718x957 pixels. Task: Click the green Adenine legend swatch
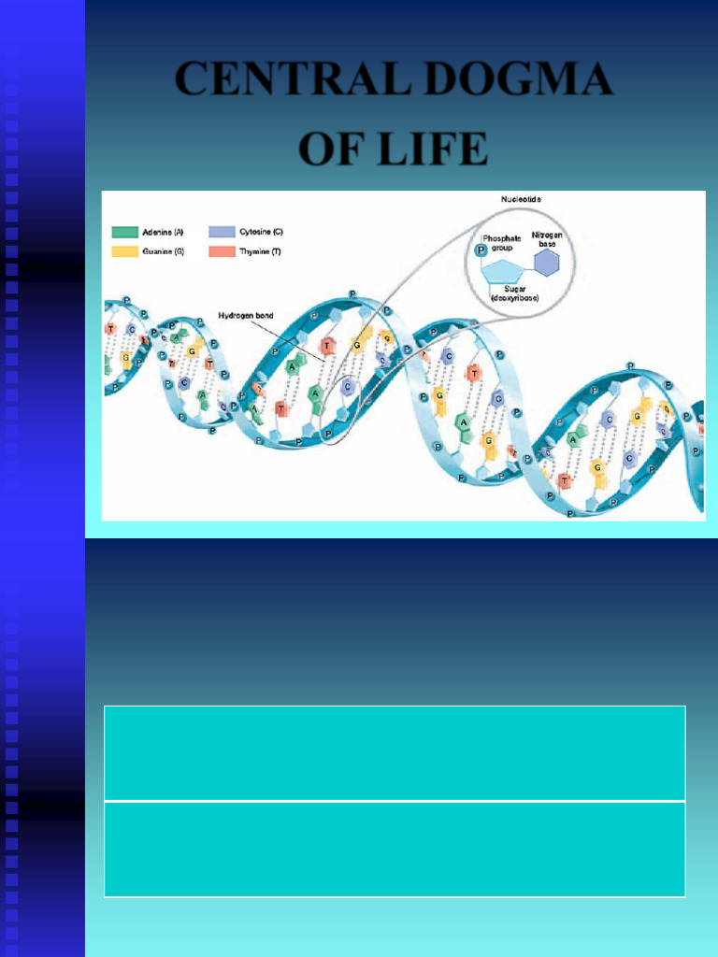coord(124,232)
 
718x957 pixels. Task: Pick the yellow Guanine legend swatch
coord(124,252)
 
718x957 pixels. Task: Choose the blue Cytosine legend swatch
coord(222,232)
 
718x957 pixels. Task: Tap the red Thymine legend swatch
coord(222,252)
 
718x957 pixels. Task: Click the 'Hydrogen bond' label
coord(246,316)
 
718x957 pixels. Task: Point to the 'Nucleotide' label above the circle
coord(521,200)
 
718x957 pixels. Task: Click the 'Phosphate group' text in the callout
coord(501,243)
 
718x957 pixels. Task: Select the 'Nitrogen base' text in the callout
coord(547,239)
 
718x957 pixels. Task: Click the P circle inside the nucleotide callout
coord(481,250)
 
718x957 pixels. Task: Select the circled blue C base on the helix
coord(347,386)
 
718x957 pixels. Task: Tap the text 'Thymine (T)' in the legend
coord(260,252)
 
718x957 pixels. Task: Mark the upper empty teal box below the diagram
coord(395,752)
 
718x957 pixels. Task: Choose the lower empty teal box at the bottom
coord(395,850)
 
